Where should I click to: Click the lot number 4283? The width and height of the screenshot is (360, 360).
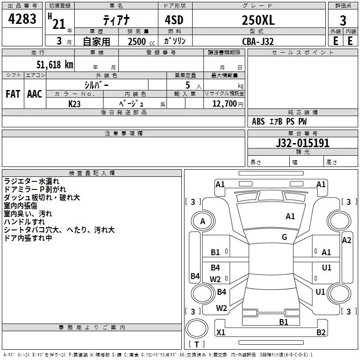[x=22, y=19]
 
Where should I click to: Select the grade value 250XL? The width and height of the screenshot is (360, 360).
[x=258, y=20]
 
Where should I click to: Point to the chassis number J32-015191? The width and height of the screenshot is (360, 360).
[x=302, y=143]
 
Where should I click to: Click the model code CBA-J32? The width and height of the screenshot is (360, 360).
[x=258, y=41]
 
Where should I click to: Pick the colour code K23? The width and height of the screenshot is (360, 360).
[x=75, y=103]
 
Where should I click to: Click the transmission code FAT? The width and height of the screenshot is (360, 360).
[x=13, y=94]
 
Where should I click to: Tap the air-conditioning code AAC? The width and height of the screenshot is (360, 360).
[x=34, y=94]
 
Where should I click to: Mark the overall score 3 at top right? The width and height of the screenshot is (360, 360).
[x=343, y=20]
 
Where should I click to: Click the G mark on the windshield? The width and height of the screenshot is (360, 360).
[x=284, y=237]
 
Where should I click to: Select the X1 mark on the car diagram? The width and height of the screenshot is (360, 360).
[x=220, y=333]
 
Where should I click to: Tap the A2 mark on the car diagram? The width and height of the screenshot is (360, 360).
[x=346, y=240]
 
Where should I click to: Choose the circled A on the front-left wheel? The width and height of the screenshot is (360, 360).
[x=202, y=221]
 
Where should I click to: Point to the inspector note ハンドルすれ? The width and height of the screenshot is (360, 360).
[x=24, y=222]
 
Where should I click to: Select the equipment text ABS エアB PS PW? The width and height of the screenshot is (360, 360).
[x=279, y=121]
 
